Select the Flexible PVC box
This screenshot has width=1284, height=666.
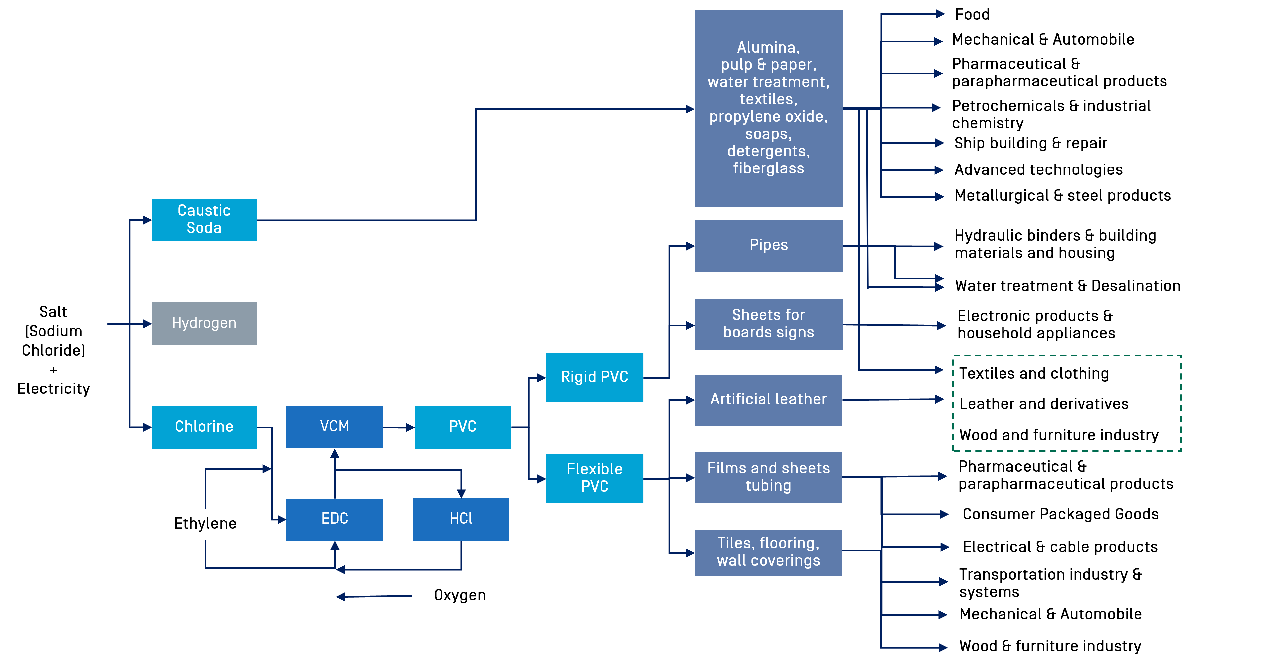coord(595,478)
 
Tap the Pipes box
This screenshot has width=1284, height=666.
coord(768,246)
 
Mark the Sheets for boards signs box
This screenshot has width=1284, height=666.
coord(768,324)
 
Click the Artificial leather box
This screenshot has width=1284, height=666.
coord(768,399)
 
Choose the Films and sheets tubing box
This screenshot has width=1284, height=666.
coord(768,477)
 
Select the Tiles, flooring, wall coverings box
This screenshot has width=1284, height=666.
coord(768,552)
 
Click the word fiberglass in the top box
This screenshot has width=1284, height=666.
coord(768,168)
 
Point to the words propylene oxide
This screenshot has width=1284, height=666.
coord(768,117)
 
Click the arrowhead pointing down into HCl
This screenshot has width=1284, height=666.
coord(461,493)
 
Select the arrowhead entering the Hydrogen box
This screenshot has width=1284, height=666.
coord(147,324)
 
